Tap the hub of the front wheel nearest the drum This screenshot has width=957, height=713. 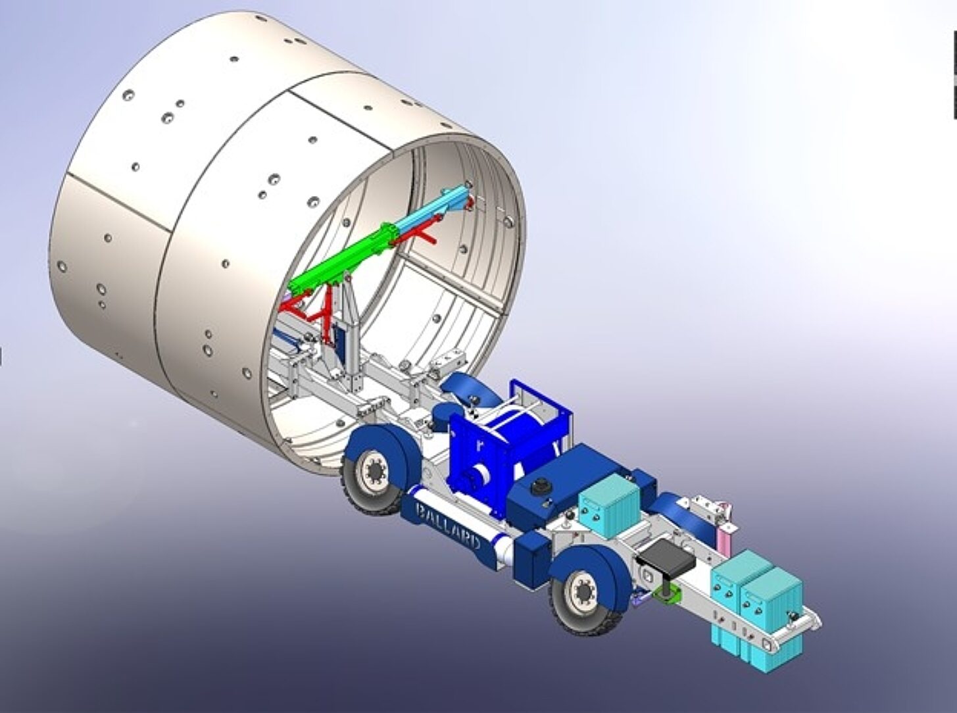[374, 472]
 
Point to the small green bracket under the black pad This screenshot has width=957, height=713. [668, 595]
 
